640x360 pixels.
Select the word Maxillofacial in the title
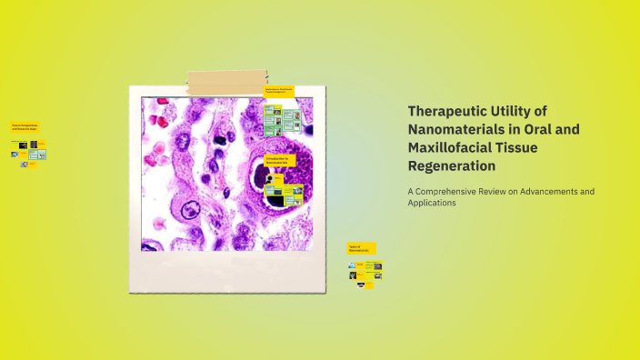point(455,147)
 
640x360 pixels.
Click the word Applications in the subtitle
point(432,204)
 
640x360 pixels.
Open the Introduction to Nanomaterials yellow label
point(277,160)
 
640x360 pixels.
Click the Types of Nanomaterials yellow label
point(361,247)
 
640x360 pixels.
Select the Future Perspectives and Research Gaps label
point(25,127)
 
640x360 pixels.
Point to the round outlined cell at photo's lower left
point(189,212)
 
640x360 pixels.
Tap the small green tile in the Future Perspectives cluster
point(32,154)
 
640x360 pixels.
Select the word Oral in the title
point(536,129)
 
